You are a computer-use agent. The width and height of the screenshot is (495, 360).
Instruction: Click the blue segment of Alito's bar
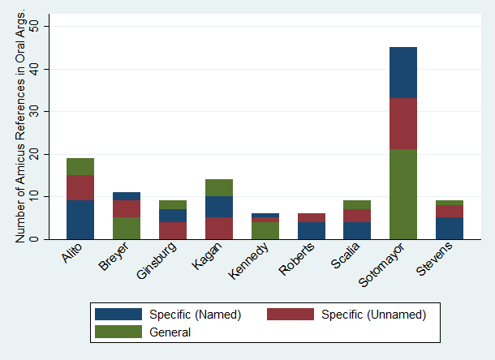click(80, 220)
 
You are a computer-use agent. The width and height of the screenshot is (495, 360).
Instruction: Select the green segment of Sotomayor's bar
click(402, 194)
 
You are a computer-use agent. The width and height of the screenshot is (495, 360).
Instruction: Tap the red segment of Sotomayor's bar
click(402, 123)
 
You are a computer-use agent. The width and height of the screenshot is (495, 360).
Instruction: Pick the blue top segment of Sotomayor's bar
click(402, 72)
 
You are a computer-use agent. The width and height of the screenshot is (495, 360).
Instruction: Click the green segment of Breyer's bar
click(127, 228)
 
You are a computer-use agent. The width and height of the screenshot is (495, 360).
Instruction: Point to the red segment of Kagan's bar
click(218, 228)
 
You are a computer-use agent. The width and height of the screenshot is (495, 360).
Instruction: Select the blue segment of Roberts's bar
click(311, 230)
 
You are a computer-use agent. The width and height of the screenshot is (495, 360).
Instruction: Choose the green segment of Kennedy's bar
click(265, 230)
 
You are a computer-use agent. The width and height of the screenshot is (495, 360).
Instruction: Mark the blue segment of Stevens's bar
click(449, 228)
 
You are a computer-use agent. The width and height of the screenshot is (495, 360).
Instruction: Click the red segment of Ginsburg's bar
click(173, 230)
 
